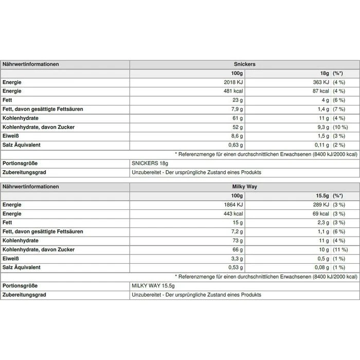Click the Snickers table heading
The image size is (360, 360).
click(x=244, y=64)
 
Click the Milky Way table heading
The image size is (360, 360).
click(x=244, y=187)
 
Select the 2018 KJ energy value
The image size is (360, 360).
click(x=232, y=82)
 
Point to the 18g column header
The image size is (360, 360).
click(x=325, y=74)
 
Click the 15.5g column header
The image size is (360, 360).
click(x=322, y=196)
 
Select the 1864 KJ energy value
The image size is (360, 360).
click(x=232, y=205)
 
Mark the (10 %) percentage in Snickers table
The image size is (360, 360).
click(x=340, y=127)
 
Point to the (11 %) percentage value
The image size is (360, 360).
click(x=340, y=249)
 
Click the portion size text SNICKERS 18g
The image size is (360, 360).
click(x=150, y=163)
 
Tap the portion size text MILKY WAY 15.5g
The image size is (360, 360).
click(x=154, y=285)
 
